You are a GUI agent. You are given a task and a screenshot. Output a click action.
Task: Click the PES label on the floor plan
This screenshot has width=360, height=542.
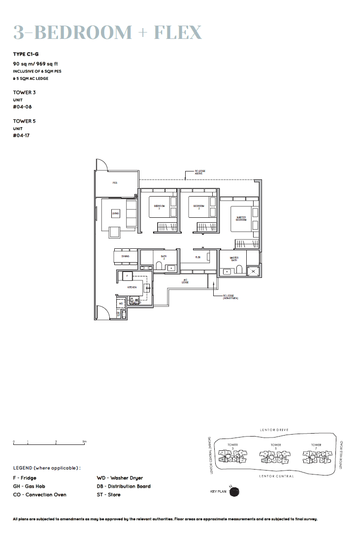(115, 183)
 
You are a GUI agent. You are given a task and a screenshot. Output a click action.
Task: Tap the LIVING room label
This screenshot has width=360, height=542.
(116, 213)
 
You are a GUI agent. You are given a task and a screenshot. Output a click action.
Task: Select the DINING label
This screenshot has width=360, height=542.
(126, 257)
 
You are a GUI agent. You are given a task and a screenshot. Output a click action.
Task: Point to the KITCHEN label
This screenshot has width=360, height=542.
(131, 287)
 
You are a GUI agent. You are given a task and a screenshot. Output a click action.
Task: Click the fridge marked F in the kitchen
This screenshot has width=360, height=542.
(127, 276)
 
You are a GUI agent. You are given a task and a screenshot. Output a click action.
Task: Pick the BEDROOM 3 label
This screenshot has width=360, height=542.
(159, 207)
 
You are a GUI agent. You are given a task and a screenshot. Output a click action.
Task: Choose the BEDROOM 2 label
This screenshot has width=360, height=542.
(198, 207)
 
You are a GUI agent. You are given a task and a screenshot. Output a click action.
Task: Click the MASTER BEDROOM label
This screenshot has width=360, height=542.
(241, 218)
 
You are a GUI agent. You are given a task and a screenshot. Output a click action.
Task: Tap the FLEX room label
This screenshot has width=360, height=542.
(198, 257)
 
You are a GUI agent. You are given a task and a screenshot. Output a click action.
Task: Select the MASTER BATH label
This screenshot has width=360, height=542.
(234, 258)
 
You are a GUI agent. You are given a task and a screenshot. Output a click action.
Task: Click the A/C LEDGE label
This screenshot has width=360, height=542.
(185, 281)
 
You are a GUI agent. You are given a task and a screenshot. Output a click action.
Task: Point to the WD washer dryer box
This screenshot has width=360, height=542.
(121, 304)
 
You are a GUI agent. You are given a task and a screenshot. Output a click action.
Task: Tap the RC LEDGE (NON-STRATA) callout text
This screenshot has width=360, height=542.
(230, 297)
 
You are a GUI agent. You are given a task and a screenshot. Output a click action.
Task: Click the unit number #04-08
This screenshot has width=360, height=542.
(20, 106)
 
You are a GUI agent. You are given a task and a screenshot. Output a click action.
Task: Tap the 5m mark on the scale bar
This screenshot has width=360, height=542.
(85, 441)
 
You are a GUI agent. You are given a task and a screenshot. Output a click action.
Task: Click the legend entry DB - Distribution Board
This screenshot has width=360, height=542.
(124, 486)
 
